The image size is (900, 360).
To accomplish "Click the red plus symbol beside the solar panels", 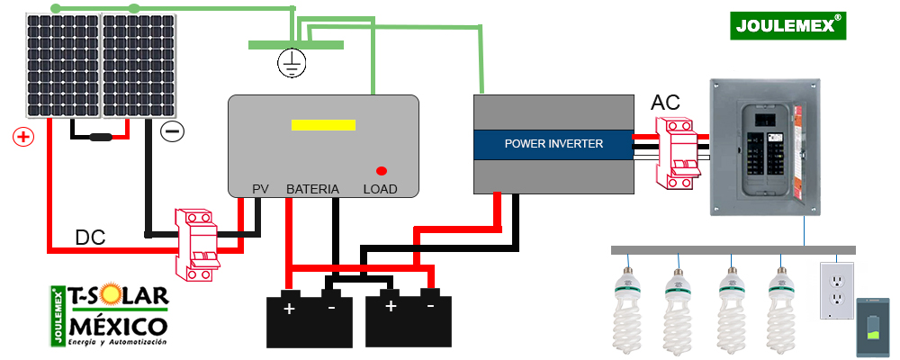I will (23, 137).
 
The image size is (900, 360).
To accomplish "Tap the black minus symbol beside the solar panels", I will (172, 131).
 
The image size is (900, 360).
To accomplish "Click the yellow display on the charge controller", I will (322, 124).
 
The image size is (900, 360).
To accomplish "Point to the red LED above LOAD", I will (382, 170).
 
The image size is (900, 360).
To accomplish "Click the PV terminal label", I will (260, 189).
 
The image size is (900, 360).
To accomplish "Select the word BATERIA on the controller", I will (312, 189).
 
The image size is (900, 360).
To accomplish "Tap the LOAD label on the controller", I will (380, 189).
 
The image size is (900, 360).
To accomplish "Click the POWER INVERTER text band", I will (553, 143).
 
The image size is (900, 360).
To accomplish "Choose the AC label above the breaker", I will (665, 103).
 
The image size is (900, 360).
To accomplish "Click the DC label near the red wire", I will (90, 238).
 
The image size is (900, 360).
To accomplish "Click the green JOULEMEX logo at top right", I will (788, 26).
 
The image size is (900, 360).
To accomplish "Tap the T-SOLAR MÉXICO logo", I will (110, 316).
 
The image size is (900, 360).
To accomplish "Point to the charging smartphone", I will (872, 328).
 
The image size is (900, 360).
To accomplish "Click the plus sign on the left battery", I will (290, 309).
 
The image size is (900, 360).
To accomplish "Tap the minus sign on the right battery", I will (430, 306).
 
